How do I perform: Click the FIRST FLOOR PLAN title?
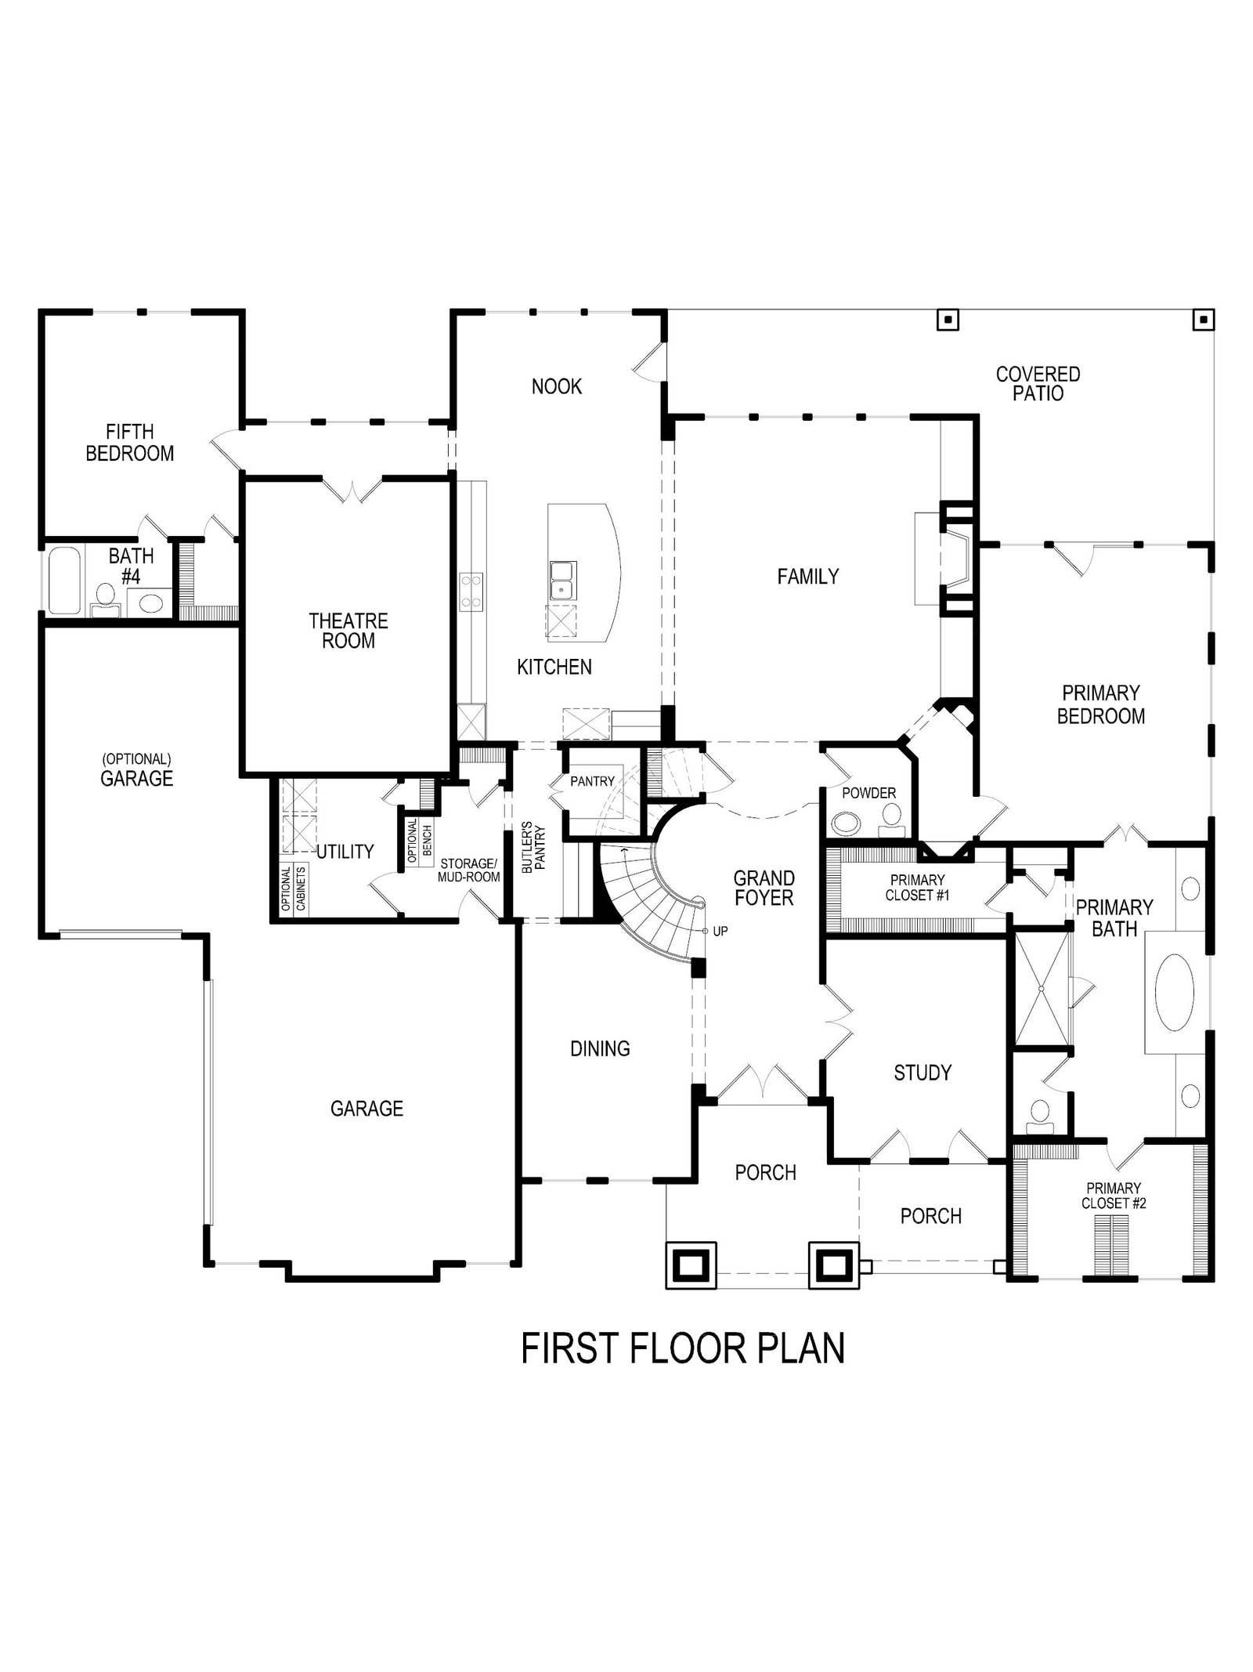point(683,1348)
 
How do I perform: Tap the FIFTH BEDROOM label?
point(130,443)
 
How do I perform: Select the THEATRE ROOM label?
point(348,631)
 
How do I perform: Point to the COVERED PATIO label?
point(1038,384)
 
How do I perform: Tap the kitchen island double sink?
point(562,581)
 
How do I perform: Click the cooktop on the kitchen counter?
point(471,592)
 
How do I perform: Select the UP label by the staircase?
point(720,932)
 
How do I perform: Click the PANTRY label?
point(592,781)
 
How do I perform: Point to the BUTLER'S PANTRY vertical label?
point(533,847)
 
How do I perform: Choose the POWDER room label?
point(868,793)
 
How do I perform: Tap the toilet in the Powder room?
point(890,820)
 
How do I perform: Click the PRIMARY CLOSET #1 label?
point(917,887)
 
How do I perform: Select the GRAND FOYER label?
point(764,888)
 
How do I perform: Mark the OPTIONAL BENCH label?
point(420,841)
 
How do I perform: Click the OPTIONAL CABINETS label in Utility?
point(293,888)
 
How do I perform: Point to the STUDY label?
point(923,1073)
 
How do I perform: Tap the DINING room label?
point(600,1048)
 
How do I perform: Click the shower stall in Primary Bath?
point(1042,989)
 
